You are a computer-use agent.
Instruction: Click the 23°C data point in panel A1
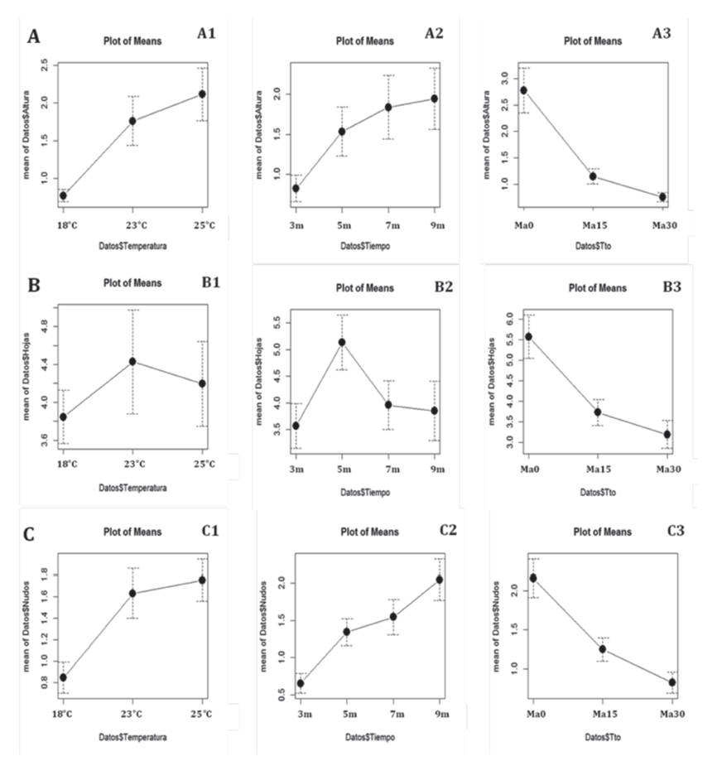click(132, 121)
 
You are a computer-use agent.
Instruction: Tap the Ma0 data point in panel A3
click(523, 90)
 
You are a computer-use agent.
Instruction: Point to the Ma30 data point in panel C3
click(672, 682)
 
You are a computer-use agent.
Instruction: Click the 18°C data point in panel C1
click(63, 677)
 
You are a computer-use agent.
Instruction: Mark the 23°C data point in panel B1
click(132, 361)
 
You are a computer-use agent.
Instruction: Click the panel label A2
click(435, 33)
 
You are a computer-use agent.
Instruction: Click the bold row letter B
click(34, 286)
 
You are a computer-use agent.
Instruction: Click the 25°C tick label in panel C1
click(202, 713)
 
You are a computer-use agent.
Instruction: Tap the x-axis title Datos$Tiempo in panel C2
click(364, 736)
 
